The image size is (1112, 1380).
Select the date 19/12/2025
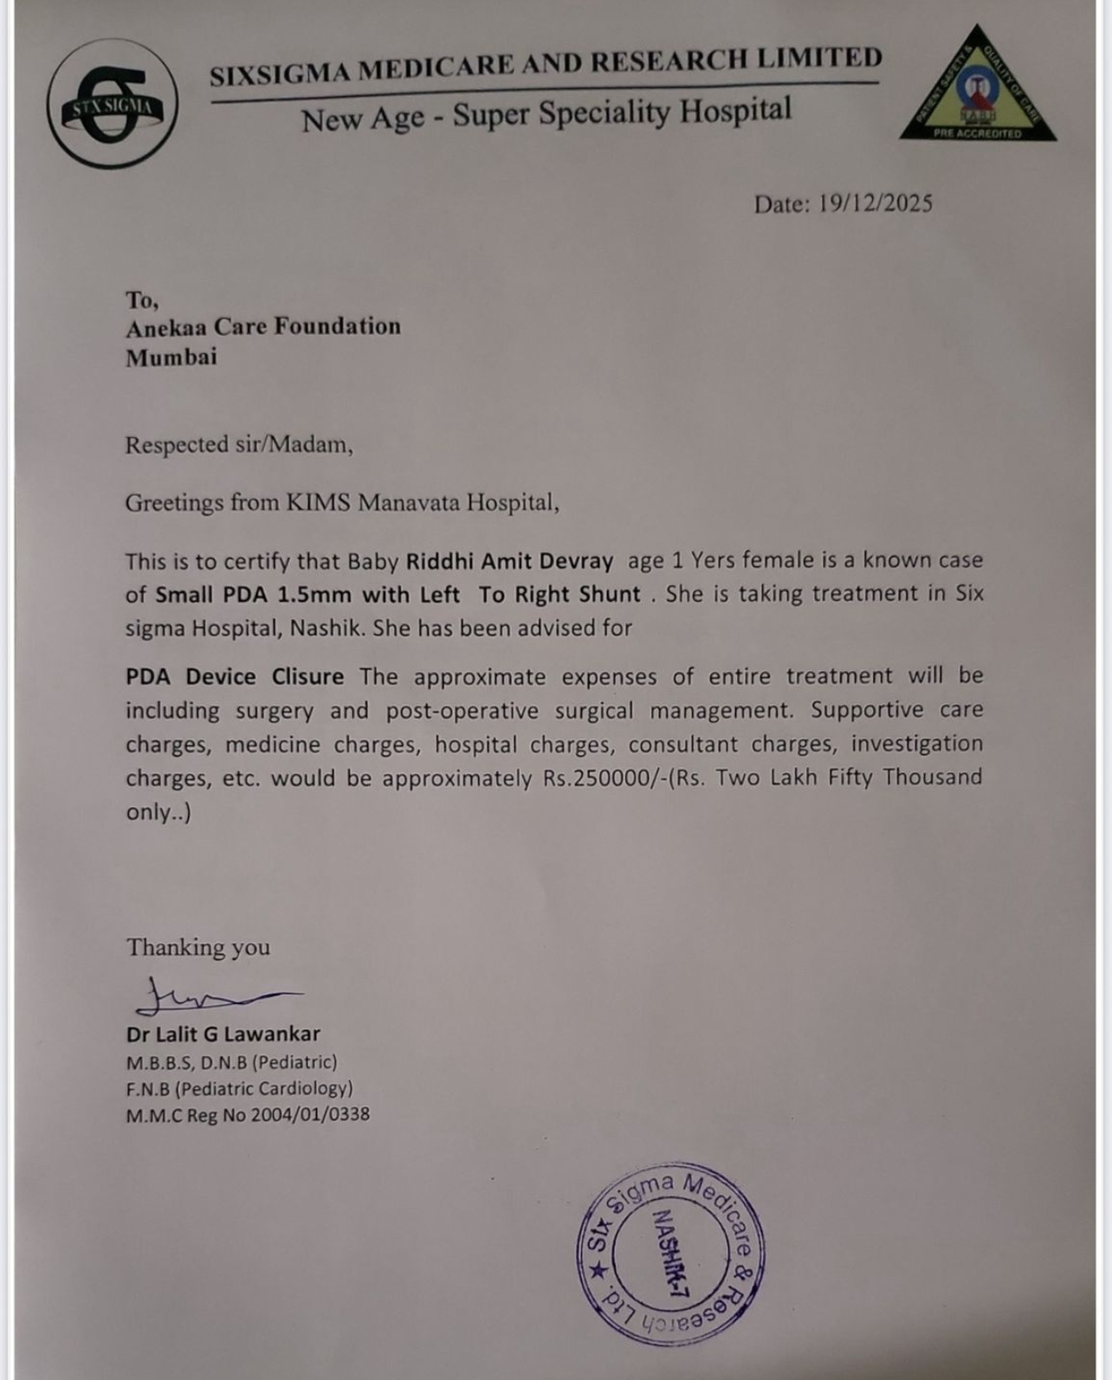pos(875,203)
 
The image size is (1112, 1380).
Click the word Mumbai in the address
pos(171,357)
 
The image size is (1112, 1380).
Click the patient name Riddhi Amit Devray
pos(509,561)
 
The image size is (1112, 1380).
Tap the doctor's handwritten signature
pos(208,998)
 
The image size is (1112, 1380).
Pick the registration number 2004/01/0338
pos(310,1115)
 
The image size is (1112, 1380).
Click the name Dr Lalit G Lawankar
pos(223,1034)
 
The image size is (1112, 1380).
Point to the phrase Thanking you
pos(198,947)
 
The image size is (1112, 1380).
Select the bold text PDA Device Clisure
pos(235,676)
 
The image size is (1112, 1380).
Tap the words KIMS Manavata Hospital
pos(422,502)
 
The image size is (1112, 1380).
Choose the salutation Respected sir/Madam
pos(238,445)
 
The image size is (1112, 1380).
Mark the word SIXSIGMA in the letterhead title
pos(280,74)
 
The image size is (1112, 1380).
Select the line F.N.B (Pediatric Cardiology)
pos(239,1088)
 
